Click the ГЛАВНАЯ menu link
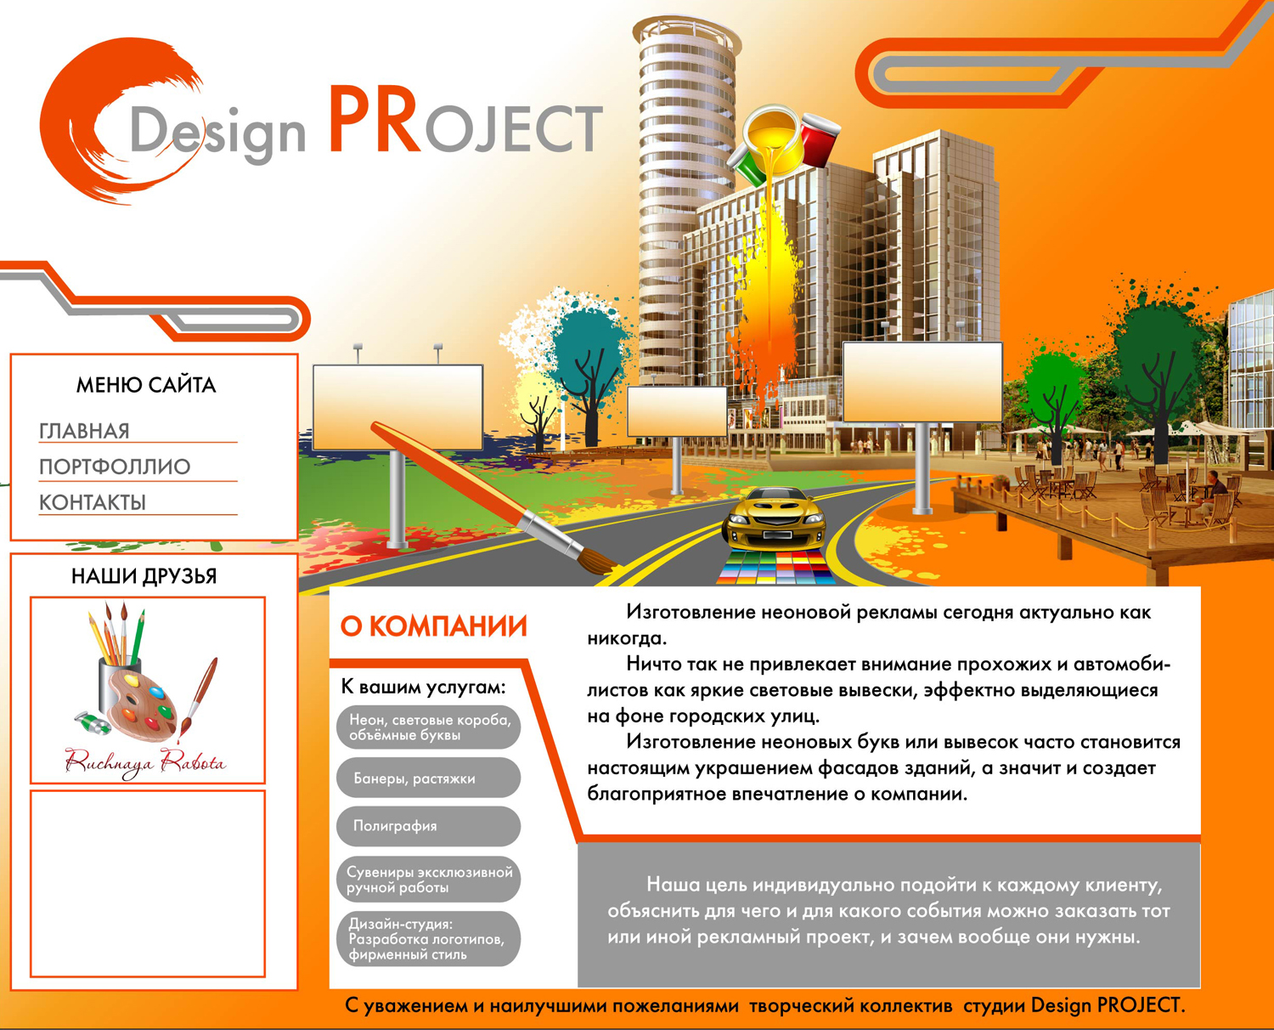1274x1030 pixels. tap(84, 431)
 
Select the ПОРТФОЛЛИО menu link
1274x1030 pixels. tap(115, 467)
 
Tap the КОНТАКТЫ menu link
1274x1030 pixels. tap(93, 503)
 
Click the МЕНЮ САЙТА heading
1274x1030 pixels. tap(146, 385)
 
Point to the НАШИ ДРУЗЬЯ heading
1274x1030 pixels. tap(144, 576)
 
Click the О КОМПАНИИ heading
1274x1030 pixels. tap(434, 626)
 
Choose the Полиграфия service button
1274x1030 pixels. tap(428, 826)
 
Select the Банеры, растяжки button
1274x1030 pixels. tap(428, 778)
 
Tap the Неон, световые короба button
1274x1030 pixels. tap(428, 727)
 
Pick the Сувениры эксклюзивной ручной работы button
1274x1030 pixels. tap(428, 880)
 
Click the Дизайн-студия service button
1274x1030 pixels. tap(428, 938)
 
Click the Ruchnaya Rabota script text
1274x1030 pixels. tap(145, 762)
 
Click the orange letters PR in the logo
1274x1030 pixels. tap(375, 120)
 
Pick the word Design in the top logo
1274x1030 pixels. tap(217, 133)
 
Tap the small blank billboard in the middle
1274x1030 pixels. tap(677, 411)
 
